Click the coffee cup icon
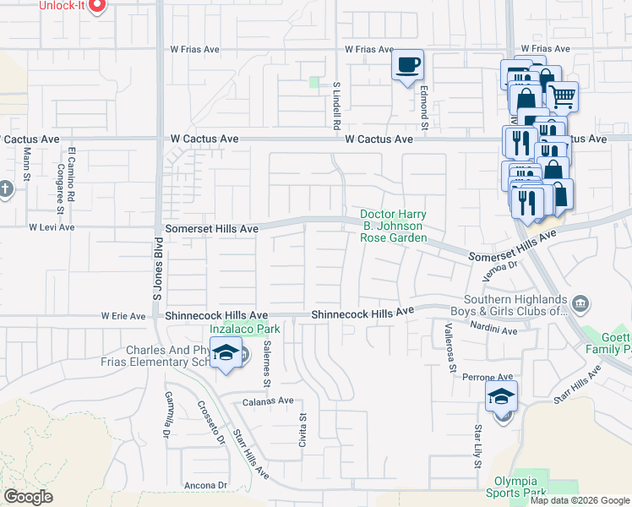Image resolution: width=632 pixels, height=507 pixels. click(407, 66)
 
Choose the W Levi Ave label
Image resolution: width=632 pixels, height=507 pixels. click(52, 227)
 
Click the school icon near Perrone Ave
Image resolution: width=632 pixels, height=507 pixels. click(501, 395)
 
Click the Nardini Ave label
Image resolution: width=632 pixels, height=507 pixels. click(493, 331)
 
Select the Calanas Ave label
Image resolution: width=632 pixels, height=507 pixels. click(268, 401)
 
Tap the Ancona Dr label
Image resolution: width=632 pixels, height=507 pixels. click(206, 485)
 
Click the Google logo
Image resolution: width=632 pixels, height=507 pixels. click(28, 497)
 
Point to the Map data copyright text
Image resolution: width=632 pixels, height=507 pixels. click(580, 500)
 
